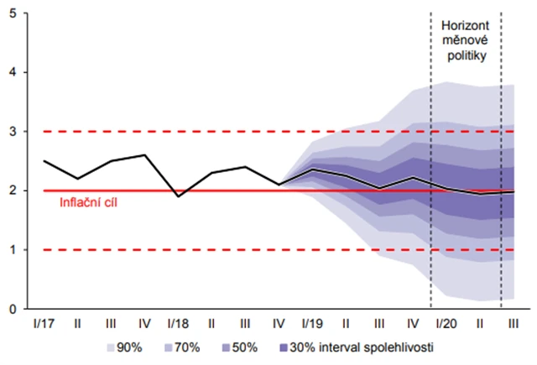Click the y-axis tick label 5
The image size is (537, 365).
pos(14,14)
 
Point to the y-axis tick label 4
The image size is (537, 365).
pos(14,73)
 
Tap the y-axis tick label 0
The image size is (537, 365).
pos(14,309)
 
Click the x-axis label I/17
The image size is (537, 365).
pos(44,322)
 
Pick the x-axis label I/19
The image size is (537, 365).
pos(312,322)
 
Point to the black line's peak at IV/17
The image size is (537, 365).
pos(145,155)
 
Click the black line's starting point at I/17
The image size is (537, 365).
pos(44,161)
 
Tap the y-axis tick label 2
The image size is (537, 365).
pos(14,191)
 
